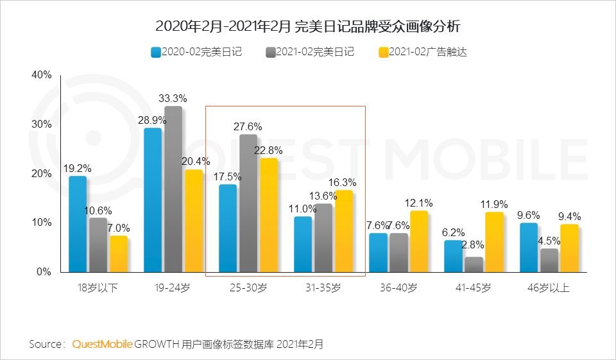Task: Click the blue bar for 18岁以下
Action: [x=78, y=224]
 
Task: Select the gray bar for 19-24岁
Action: [x=173, y=189]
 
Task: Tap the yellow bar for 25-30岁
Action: [x=269, y=215]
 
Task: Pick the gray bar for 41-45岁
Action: [x=474, y=264]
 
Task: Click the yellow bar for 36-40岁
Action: [x=418, y=241]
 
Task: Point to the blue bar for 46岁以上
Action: [x=529, y=248]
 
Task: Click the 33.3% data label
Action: [x=173, y=98]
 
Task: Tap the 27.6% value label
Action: [x=248, y=126]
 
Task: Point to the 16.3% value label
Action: [x=343, y=182]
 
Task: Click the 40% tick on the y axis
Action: [x=41, y=75]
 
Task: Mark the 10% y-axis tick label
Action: [x=41, y=223]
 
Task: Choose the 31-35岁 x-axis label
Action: [x=323, y=288]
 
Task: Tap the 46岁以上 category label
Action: [x=547, y=288]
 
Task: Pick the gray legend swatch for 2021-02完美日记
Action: [x=269, y=52]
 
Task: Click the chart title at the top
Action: [x=308, y=27]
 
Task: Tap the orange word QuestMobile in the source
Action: [x=102, y=345]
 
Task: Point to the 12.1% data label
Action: [x=418, y=203]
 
